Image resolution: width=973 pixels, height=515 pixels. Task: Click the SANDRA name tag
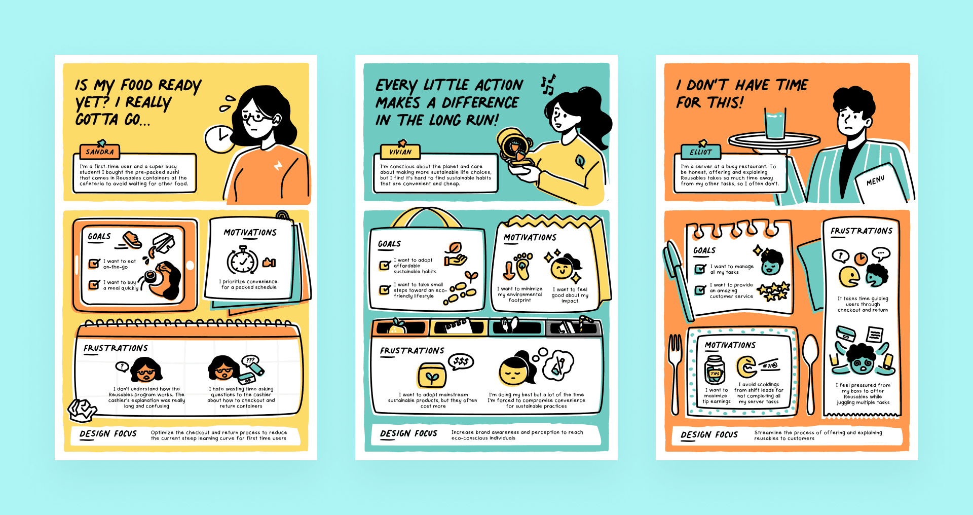click(99, 152)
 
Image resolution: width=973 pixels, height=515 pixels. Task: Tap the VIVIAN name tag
click(400, 152)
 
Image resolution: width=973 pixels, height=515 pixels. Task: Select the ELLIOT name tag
click(701, 152)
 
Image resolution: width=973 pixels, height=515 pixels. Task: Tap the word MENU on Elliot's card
click(875, 180)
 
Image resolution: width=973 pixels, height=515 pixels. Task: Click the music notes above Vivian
click(548, 84)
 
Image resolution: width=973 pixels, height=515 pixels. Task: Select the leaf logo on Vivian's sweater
click(580, 161)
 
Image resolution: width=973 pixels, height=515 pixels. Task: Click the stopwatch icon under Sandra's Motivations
click(243, 261)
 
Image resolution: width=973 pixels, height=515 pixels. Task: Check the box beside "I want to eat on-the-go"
click(94, 263)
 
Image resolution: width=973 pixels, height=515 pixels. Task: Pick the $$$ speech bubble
click(461, 362)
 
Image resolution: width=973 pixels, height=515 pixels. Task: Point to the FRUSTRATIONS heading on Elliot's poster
click(862, 231)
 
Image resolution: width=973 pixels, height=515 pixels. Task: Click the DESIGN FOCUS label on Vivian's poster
click(408, 434)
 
